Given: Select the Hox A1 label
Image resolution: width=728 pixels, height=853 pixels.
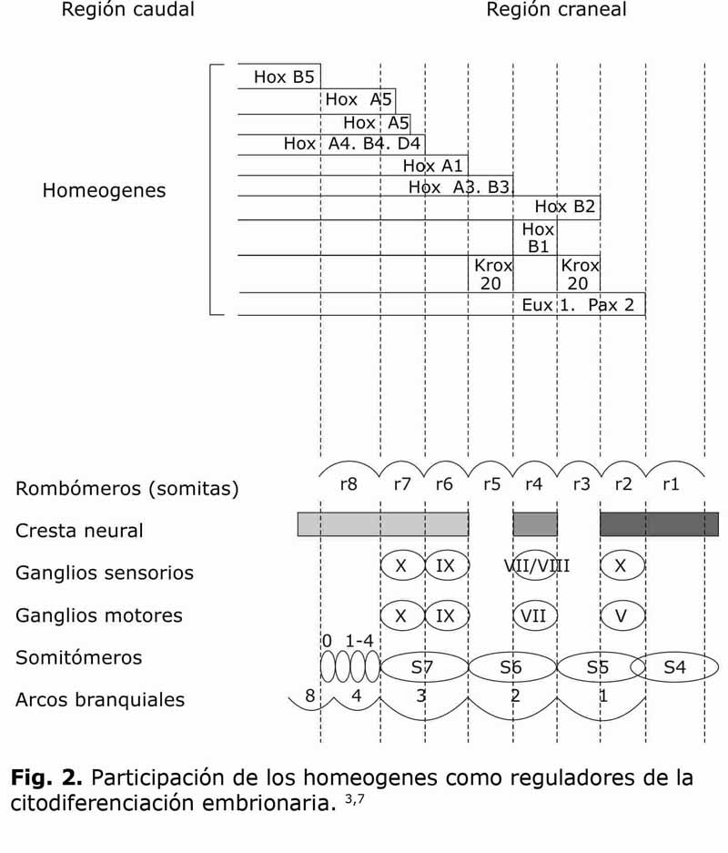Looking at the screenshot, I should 433,166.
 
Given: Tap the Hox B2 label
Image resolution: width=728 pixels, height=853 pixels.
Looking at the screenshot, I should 564,207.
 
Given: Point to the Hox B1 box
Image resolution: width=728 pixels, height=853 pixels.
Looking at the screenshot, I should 537,238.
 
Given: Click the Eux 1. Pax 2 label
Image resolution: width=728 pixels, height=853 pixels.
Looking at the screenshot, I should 578,305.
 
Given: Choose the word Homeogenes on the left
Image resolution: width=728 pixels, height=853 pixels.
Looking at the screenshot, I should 104,191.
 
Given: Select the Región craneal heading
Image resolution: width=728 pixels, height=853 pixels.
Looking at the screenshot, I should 556,11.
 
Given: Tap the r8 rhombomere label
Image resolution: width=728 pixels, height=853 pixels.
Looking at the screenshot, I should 348,485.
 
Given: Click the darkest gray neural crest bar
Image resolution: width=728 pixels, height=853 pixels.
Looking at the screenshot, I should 659,523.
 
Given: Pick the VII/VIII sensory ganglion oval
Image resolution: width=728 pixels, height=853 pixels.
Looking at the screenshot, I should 536,566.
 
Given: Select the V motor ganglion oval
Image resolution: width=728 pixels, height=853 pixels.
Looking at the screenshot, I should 622,615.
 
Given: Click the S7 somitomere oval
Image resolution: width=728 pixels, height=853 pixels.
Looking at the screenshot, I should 422,667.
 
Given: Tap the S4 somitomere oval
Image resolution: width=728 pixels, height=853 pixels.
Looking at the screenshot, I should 674,667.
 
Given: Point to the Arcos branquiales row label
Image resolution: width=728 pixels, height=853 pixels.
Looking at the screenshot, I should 100,700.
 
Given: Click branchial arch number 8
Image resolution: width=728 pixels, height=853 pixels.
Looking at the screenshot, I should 309,696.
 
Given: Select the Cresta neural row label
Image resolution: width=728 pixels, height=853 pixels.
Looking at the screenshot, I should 79,531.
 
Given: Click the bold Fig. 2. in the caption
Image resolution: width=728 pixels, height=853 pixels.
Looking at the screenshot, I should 47,779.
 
